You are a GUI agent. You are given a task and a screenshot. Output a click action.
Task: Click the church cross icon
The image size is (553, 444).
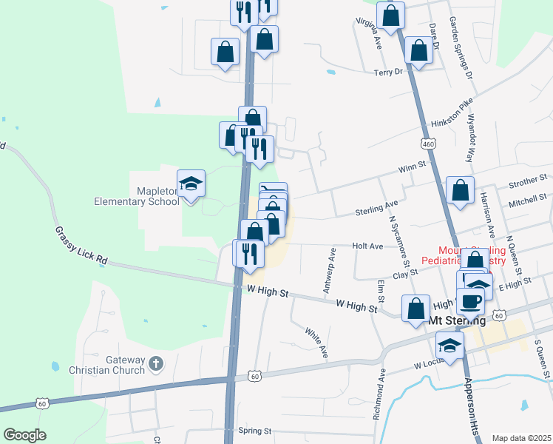tap(155, 363)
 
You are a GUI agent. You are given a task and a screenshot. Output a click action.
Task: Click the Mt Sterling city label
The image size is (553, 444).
tap(457, 321)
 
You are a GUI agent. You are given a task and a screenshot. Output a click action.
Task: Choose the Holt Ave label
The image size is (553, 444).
tap(367, 246)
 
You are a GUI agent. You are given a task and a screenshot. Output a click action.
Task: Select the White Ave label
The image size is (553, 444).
tap(316, 341)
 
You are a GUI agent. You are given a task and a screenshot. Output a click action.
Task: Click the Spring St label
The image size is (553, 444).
tap(255, 430)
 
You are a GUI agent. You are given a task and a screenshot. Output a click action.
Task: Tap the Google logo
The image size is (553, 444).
tap(25, 435)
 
